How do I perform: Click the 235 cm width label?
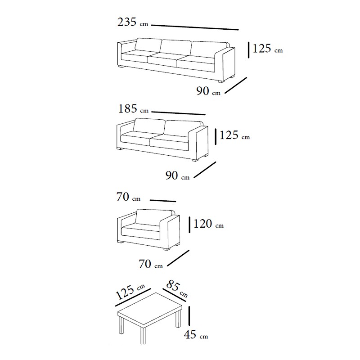[133, 22]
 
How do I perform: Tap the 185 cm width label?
[133, 109]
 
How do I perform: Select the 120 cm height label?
[208, 224]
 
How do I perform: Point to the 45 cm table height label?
[196, 334]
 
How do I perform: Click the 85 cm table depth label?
[177, 288]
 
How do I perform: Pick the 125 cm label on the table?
[130, 292]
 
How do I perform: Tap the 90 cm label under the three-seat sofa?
[208, 91]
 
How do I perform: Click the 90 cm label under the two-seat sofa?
[177, 175]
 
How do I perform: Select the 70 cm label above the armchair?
[128, 197]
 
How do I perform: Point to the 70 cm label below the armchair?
[151, 264]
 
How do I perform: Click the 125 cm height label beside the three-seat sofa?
[267, 49]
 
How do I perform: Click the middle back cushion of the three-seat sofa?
[175, 48]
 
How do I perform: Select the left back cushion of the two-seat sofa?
[149, 126]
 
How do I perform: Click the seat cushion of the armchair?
[140, 232]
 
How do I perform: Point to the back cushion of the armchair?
[154, 217]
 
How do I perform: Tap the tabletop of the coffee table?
[150, 310]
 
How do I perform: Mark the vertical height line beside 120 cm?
[189, 225]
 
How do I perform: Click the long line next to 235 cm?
[195, 27]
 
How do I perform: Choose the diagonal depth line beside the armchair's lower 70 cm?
[178, 258]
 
